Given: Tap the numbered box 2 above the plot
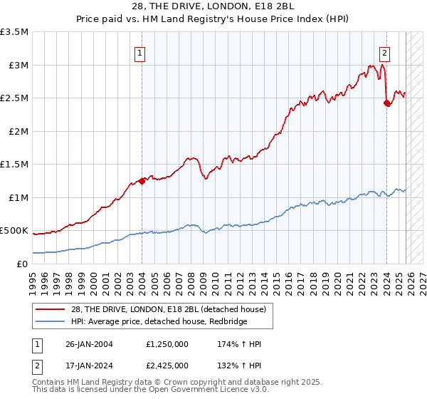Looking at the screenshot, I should click(x=384, y=53).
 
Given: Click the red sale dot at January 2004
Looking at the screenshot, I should click(x=142, y=181).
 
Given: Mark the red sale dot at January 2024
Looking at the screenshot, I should click(x=386, y=103).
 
